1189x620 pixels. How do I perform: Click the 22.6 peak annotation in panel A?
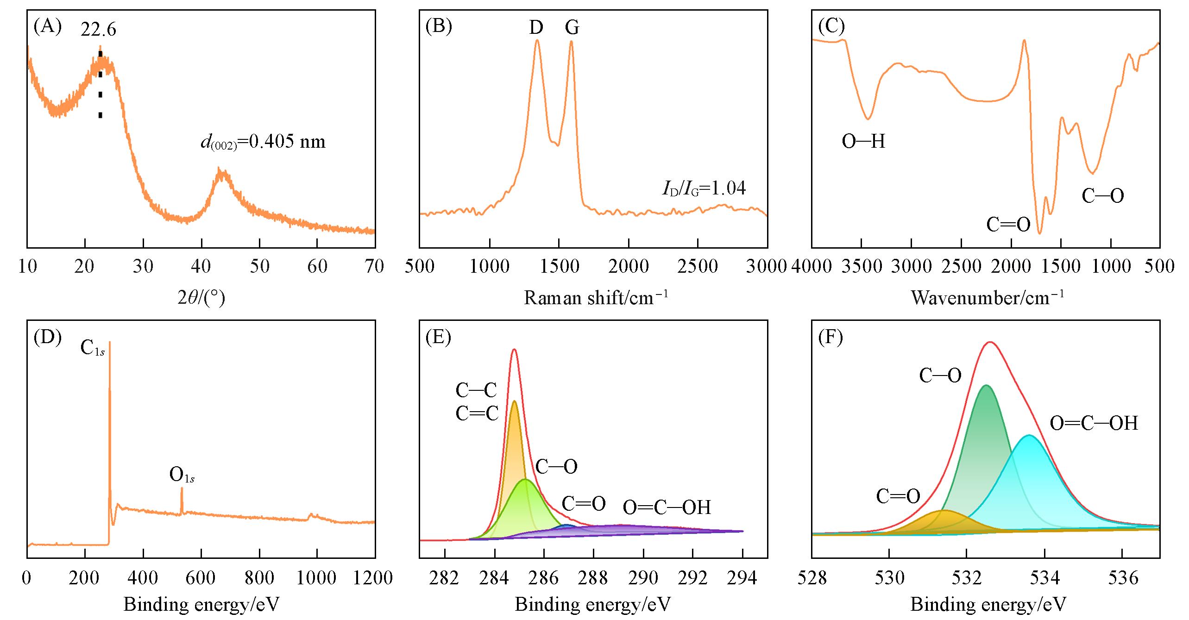[98, 30]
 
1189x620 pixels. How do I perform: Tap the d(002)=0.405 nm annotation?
[263, 142]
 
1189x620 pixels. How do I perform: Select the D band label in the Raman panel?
[536, 28]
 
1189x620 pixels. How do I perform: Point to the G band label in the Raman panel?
[572, 28]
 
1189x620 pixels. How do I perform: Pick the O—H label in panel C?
[863, 141]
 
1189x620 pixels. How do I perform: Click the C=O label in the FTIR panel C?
[1008, 225]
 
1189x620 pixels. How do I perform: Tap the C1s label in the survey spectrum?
[93, 348]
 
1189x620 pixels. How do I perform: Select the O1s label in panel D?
[182, 476]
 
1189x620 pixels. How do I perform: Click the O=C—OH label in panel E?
[667, 508]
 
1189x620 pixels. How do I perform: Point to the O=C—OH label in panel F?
[1094, 423]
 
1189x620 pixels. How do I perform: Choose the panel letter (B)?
[438, 26]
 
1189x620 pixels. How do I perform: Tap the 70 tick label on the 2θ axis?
[374, 266]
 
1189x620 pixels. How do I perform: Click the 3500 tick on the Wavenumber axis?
[861, 266]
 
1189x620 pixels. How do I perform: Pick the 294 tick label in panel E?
[742, 577]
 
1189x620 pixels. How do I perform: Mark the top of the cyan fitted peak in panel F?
[1029, 436]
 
